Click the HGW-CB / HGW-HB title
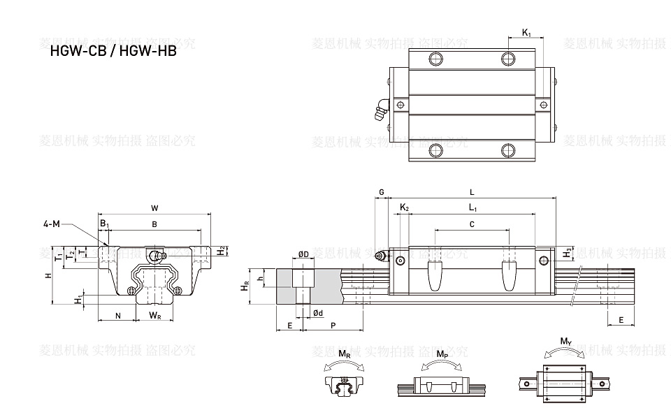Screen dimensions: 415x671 [113, 51]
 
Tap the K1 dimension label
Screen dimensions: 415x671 [526, 32]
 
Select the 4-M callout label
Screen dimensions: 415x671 [52, 224]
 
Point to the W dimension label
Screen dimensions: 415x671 [154, 207]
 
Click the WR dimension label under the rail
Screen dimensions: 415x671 [155, 316]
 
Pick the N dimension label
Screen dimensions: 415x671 [117, 316]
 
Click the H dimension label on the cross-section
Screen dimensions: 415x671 [48, 275]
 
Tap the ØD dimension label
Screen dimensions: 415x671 [304, 254]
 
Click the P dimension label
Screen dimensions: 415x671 [333, 326]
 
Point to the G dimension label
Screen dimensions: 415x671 [381, 191]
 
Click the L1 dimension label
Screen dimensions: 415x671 [472, 207]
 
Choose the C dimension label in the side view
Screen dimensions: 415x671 [472, 224]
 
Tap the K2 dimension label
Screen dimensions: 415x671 [404, 207]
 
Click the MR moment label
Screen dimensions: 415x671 [345, 355]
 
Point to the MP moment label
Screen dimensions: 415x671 [442, 355]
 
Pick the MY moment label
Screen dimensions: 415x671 [565, 342]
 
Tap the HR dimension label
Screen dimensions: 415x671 [245, 286]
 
